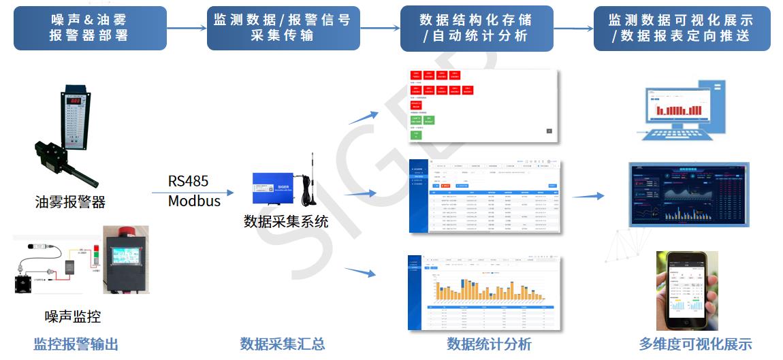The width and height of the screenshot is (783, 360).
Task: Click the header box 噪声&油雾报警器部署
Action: pyautogui.click(x=90, y=28)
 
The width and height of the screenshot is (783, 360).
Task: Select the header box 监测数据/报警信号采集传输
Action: pyautogui.click(x=283, y=28)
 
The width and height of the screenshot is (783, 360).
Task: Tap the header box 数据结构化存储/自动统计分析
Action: pyautogui.click(x=477, y=28)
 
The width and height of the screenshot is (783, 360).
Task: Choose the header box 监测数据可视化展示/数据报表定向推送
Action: pyautogui.click(x=682, y=28)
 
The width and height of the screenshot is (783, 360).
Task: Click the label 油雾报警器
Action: pyautogui.click(x=71, y=202)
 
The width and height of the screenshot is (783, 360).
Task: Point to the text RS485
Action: pyautogui.click(x=188, y=181)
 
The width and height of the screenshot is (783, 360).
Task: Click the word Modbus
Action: pyautogui.click(x=194, y=201)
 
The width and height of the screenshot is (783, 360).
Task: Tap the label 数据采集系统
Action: pyautogui.click(x=286, y=221)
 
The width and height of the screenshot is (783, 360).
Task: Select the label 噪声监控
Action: pyautogui.click(x=73, y=316)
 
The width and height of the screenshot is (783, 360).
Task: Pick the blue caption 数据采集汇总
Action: pyautogui.click(x=282, y=344)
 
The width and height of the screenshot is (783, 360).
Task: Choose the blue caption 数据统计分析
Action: pyautogui.click(x=489, y=344)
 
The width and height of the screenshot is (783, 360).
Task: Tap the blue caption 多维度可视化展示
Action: pyautogui.click(x=695, y=344)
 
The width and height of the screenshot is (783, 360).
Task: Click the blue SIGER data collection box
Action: pyautogui.click(x=278, y=189)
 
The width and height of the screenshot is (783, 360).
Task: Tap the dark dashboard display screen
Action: pyautogui.click(x=688, y=194)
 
